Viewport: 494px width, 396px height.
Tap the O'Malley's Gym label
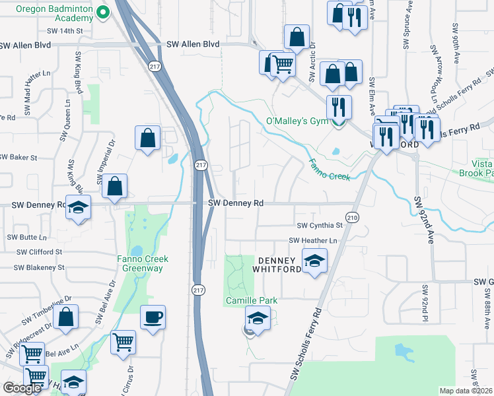point(296,121)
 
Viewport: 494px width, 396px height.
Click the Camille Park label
point(250,300)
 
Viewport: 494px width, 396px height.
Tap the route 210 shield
point(351,216)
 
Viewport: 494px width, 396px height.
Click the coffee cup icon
point(153,317)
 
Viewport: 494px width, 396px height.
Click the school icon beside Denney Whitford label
point(314,261)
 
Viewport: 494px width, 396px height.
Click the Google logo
point(22,388)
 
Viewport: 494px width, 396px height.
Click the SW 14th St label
point(65,31)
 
